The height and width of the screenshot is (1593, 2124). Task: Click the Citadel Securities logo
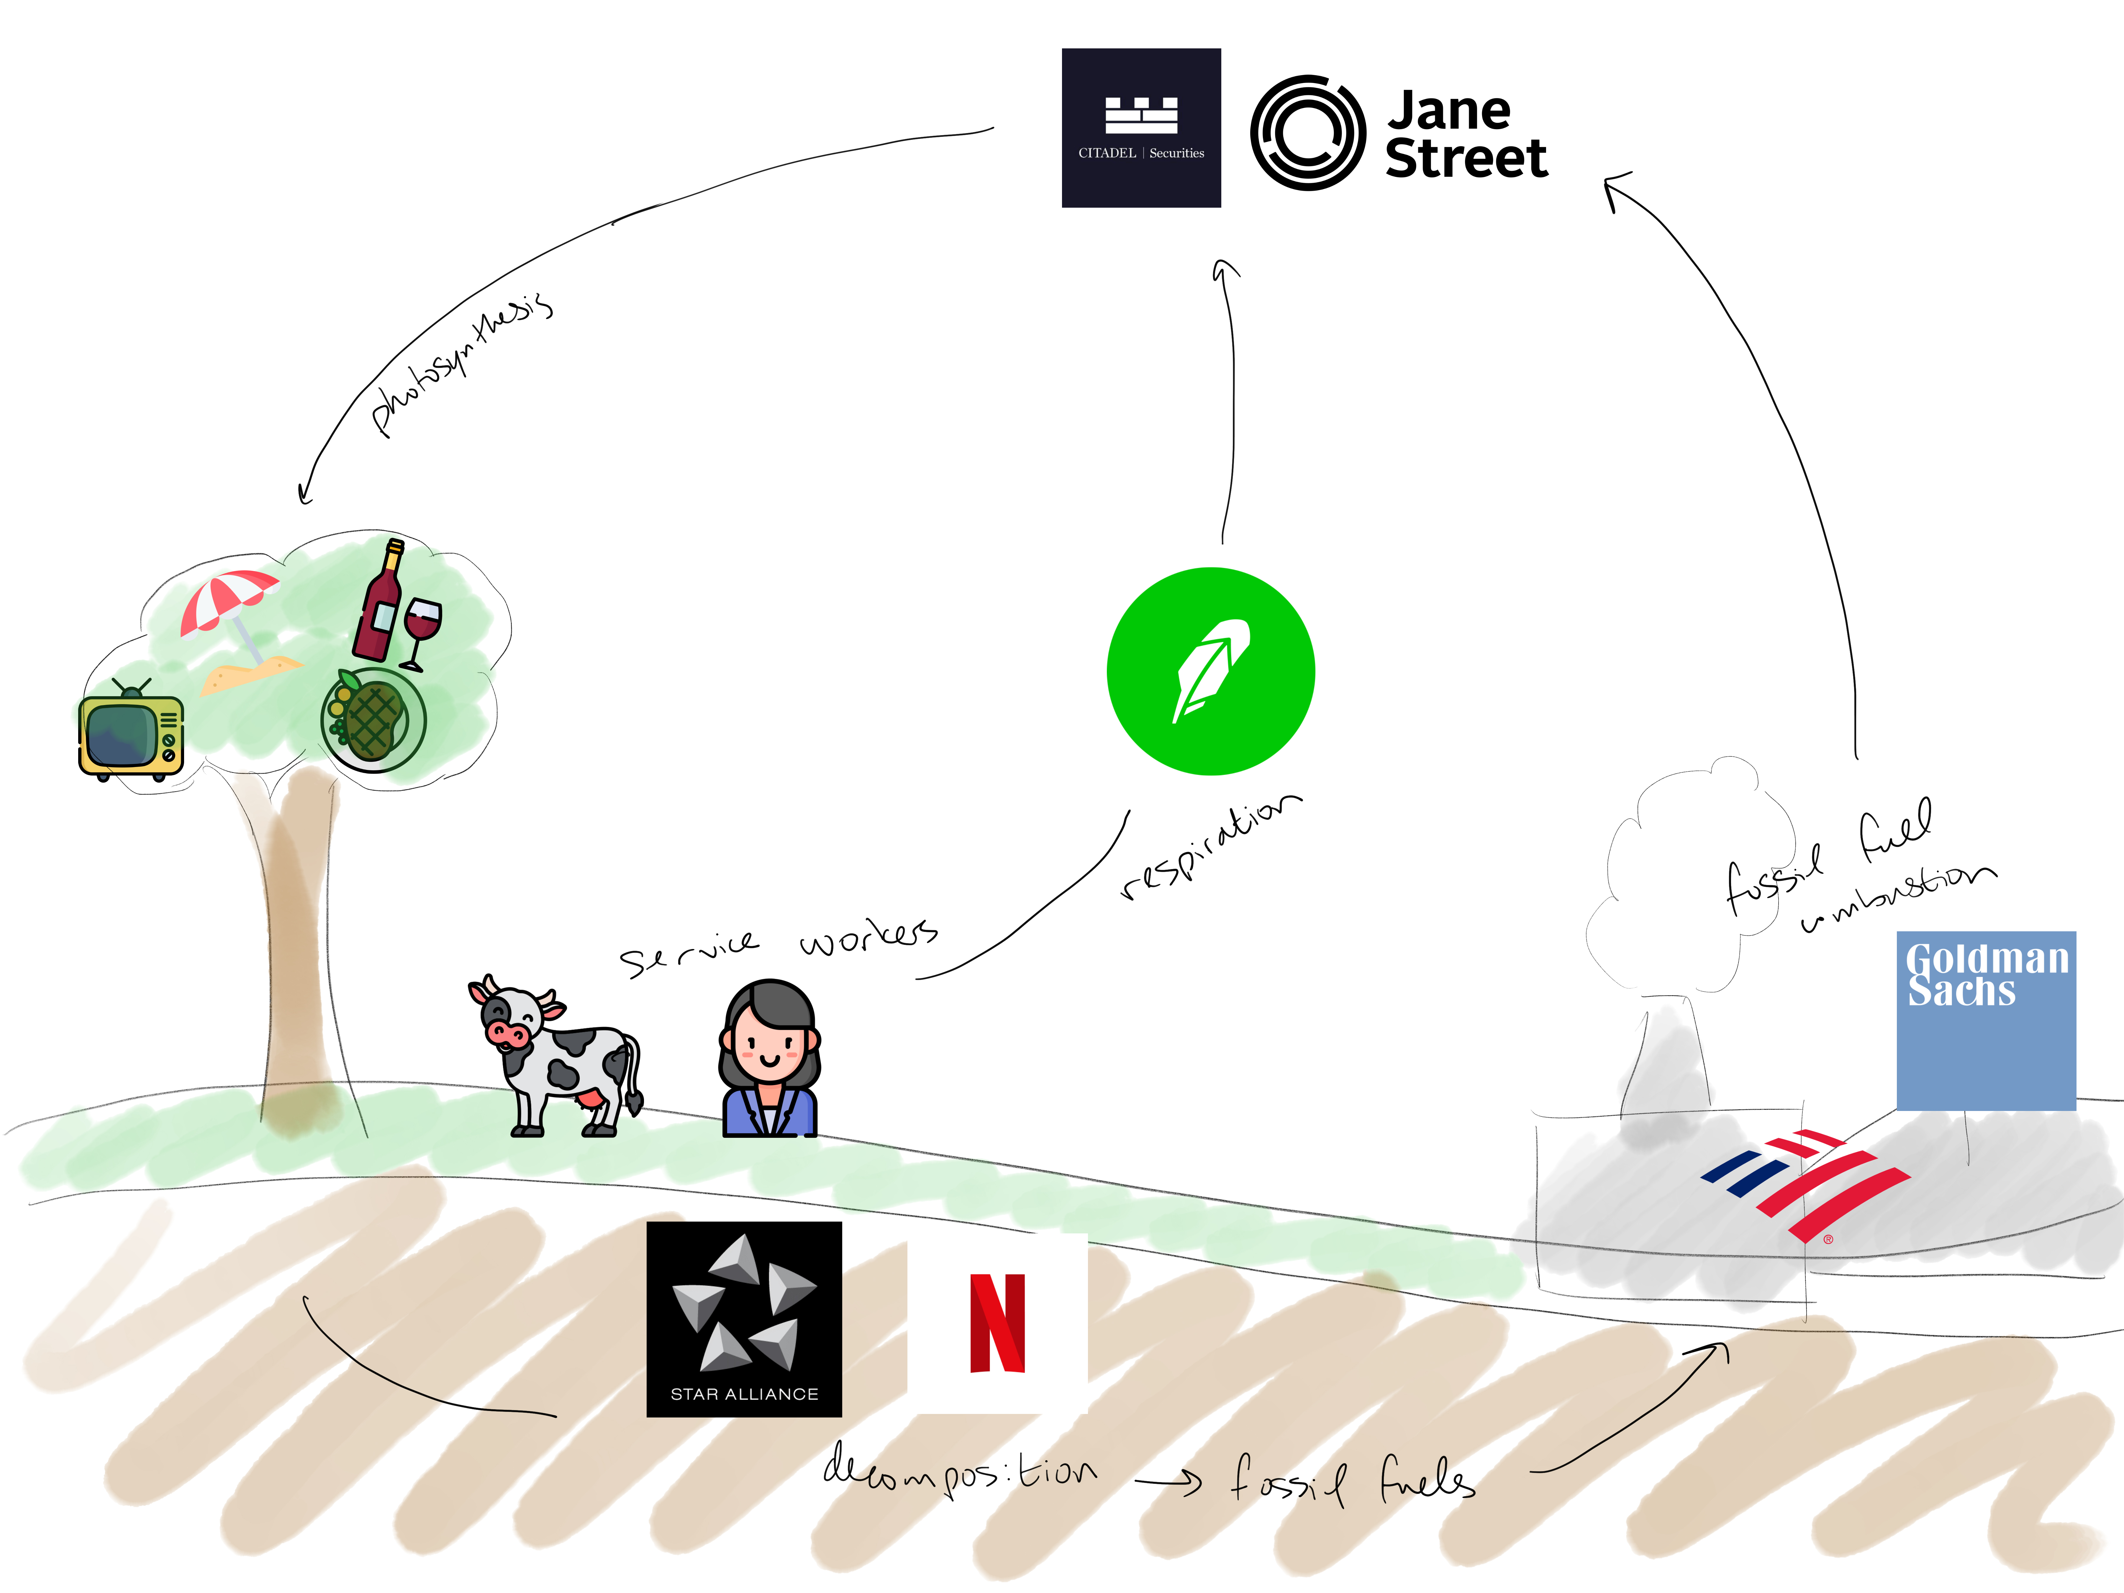pyautogui.click(x=1141, y=128)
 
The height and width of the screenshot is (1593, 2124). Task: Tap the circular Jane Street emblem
pyautogui.click(x=1308, y=132)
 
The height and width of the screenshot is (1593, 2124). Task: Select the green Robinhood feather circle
pyautogui.click(x=1211, y=671)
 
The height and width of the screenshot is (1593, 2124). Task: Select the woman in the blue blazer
pyautogui.click(x=770, y=1059)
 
